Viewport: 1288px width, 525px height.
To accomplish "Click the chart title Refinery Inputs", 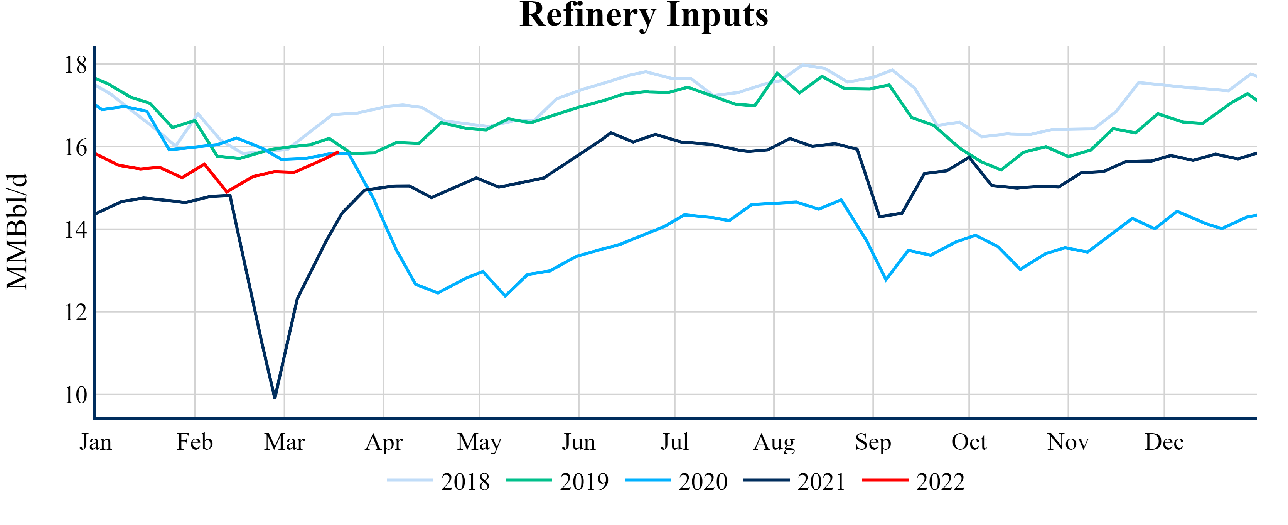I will pos(644,15).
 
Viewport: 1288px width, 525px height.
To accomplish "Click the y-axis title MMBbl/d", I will pos(17,231).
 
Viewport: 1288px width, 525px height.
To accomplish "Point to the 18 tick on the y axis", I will pos(76,64).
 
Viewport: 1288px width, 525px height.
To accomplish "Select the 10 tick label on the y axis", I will pos(76,395).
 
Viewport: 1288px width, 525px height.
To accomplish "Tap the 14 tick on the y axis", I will pos(76,230).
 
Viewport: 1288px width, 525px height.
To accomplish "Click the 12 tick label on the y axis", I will pos(76,312).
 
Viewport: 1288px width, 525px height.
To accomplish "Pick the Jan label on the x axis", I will pos(96,442).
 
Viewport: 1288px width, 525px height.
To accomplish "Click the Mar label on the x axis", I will pos(285,442).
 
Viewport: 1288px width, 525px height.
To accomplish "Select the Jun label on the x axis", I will pos(578,442).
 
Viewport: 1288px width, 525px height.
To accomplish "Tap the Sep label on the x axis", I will pos(873,442).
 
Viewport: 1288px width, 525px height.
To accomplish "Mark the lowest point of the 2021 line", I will pos(275,397).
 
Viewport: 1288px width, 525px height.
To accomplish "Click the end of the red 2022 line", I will pos(339,152).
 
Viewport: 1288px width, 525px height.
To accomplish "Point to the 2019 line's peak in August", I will pos(777,73).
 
